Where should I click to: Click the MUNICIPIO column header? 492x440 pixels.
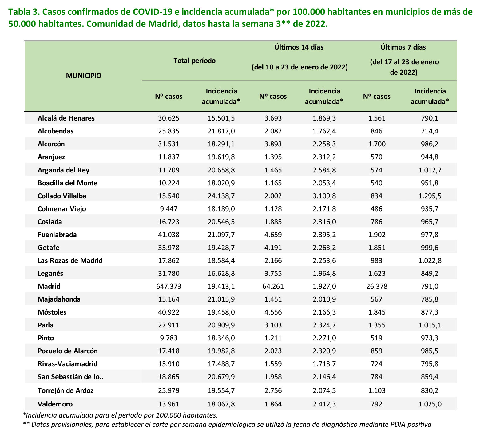[x=84, y=76]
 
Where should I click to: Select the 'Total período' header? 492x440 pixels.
[x=195, y=61]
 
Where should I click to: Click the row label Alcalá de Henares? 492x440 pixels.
[x=66, y=118]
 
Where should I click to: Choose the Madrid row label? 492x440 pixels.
[x=49, y=286]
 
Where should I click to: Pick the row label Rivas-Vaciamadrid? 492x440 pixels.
[x=68, y=364]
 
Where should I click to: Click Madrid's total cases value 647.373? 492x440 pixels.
[x=169, y=286]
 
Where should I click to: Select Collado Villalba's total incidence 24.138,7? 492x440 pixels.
[x=221, y=196]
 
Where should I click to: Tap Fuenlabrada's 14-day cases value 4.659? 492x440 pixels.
[x=273, y=235]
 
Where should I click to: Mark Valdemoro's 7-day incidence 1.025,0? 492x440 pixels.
[x=430, y=404]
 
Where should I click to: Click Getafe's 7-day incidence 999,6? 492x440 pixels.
[x=430, y=248]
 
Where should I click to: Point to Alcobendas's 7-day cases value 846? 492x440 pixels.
[x=377, y=131]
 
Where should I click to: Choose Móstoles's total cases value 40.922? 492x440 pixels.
[x=169, y=312]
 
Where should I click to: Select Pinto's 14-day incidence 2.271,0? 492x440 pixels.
[x=324, y=338]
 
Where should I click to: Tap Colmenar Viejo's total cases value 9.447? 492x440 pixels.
[x=169, y=209]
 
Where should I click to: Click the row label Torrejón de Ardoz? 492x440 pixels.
[x=65, y=391]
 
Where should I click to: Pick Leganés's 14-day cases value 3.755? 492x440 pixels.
[x=273, y=273]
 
